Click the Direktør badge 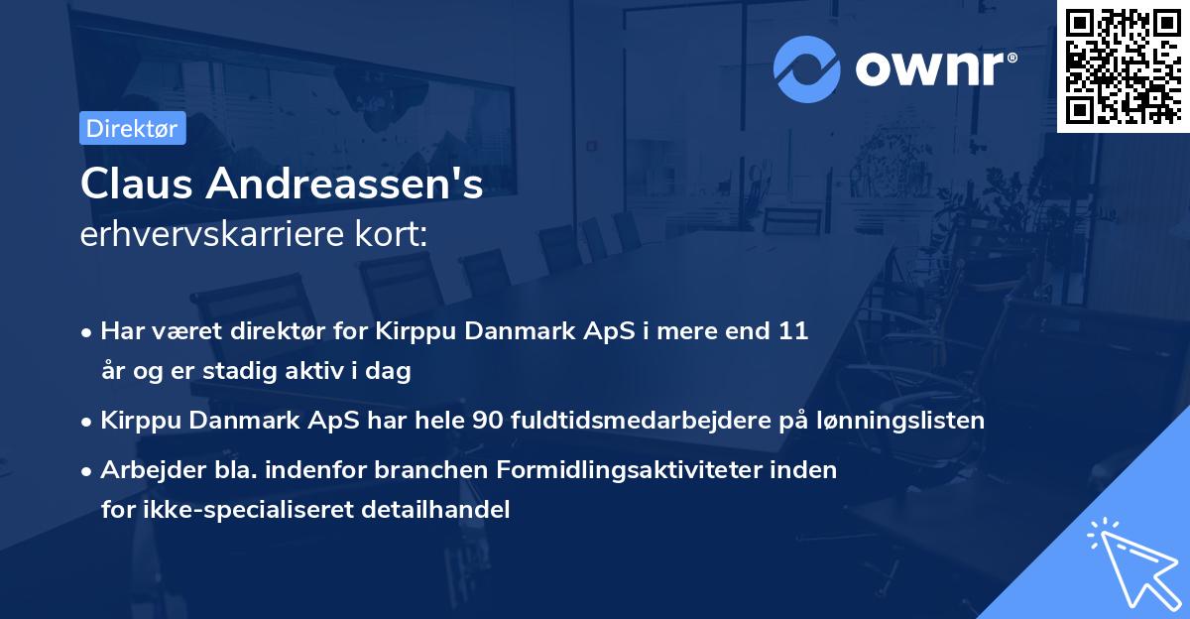132,128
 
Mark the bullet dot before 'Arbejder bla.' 88,470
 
